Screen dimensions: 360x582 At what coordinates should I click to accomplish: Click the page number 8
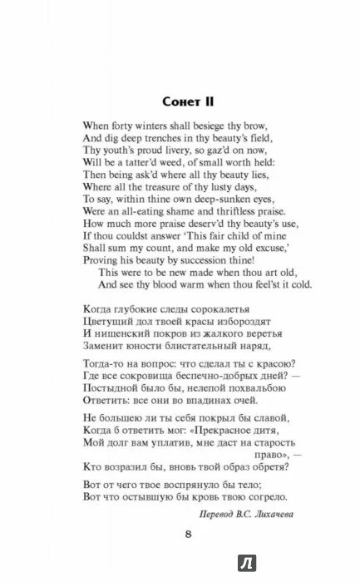189,535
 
